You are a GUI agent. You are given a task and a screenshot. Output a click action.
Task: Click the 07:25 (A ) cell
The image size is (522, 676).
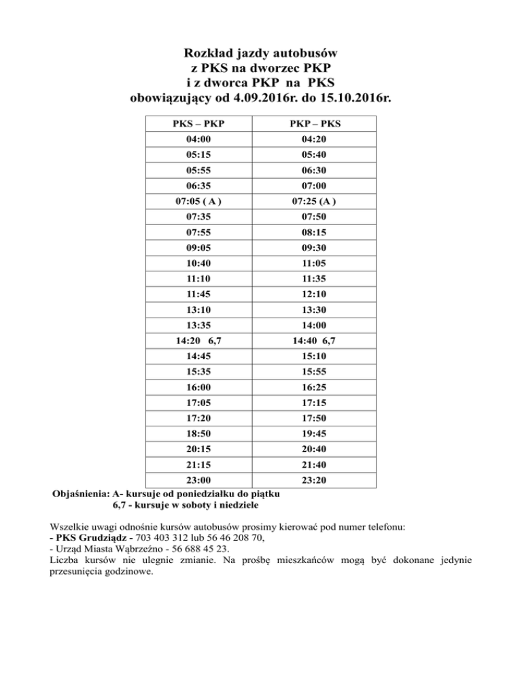tap(315, 201)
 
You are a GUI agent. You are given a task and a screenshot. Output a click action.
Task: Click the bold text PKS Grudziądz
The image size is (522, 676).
tap(97, 537)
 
